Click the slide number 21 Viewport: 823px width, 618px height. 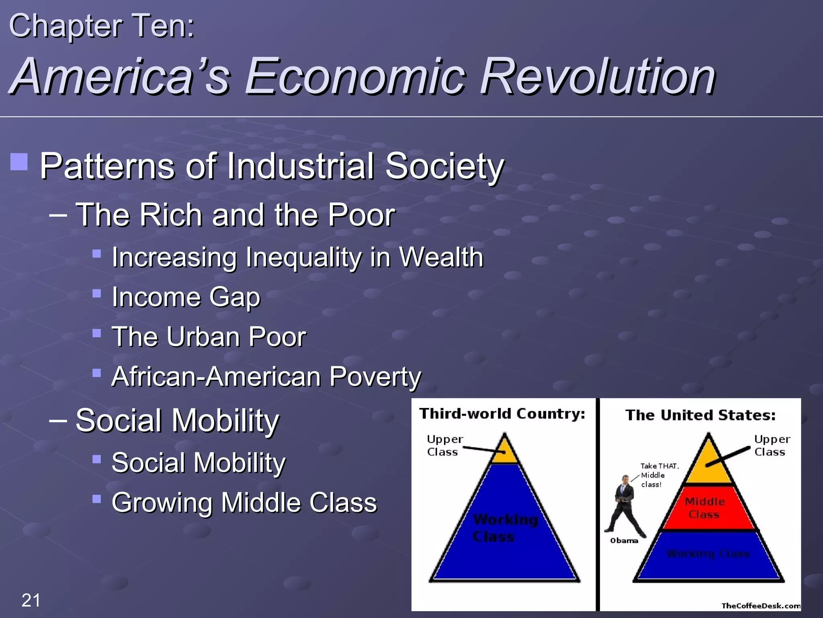31,600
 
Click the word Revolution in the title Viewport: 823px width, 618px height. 598,76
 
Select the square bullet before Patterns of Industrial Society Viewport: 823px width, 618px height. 19,162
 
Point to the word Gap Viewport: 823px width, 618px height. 235,297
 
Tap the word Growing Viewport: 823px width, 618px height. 161,503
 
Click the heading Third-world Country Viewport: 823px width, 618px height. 502,414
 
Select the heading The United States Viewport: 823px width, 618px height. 700,415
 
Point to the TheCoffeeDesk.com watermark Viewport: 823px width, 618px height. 761,606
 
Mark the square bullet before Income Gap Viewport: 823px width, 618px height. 96,293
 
